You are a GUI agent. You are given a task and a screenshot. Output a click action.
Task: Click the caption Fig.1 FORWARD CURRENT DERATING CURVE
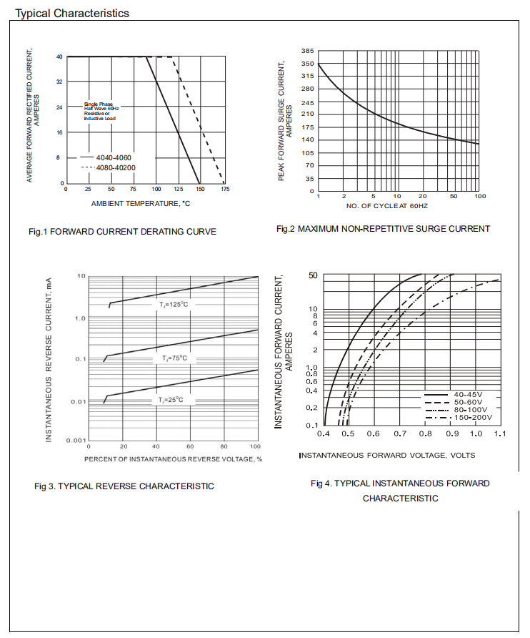point(122,231)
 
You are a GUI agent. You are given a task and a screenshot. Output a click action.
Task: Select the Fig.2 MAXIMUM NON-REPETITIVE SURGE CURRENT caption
point(383,229)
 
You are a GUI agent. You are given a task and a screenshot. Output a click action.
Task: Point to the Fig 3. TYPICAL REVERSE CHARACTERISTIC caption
point(124,486)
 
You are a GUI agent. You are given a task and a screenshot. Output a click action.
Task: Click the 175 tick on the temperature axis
point(226,190)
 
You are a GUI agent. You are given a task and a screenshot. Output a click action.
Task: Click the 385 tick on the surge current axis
point(308,51)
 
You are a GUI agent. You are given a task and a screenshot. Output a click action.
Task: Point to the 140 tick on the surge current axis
point(308,139)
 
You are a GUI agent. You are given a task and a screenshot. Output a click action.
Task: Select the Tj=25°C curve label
point(171,400)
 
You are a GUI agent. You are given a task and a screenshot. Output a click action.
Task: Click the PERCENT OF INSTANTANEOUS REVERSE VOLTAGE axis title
point(173,458)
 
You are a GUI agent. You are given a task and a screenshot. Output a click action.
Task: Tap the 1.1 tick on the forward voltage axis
point(500,434)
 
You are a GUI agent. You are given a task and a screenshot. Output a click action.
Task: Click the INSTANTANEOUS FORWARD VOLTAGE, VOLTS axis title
point(386,455)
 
